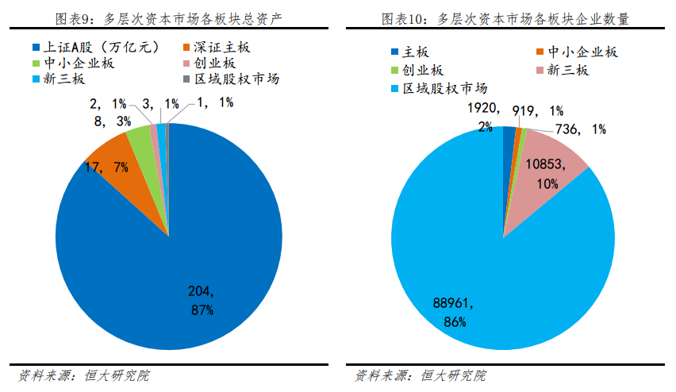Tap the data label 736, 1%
pyautogui.click(x=581, y=129)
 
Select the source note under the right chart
pyautogui.click(x=420, y=375)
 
